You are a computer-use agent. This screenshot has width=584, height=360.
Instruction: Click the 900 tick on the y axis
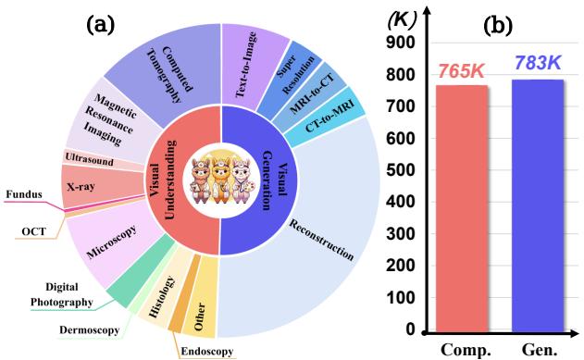click(x=399, y=43)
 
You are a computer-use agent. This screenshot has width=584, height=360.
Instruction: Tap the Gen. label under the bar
click(x=540, y=349)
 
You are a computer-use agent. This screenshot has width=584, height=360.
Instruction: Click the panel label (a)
click(x=104, y=18)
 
